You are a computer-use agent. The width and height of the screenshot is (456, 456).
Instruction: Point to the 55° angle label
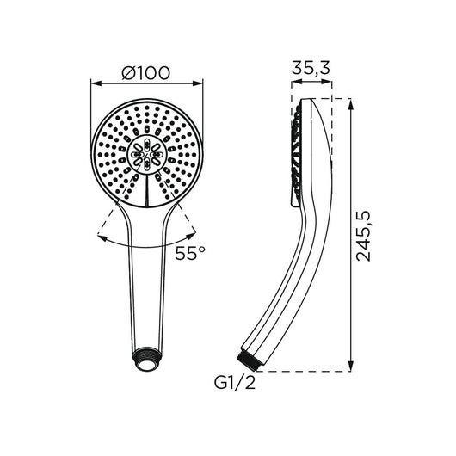click(190, 254)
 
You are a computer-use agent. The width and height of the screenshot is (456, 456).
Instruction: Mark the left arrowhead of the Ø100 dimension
click(95, 84)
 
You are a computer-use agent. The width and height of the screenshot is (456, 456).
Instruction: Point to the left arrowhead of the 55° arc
click(106, 234)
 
